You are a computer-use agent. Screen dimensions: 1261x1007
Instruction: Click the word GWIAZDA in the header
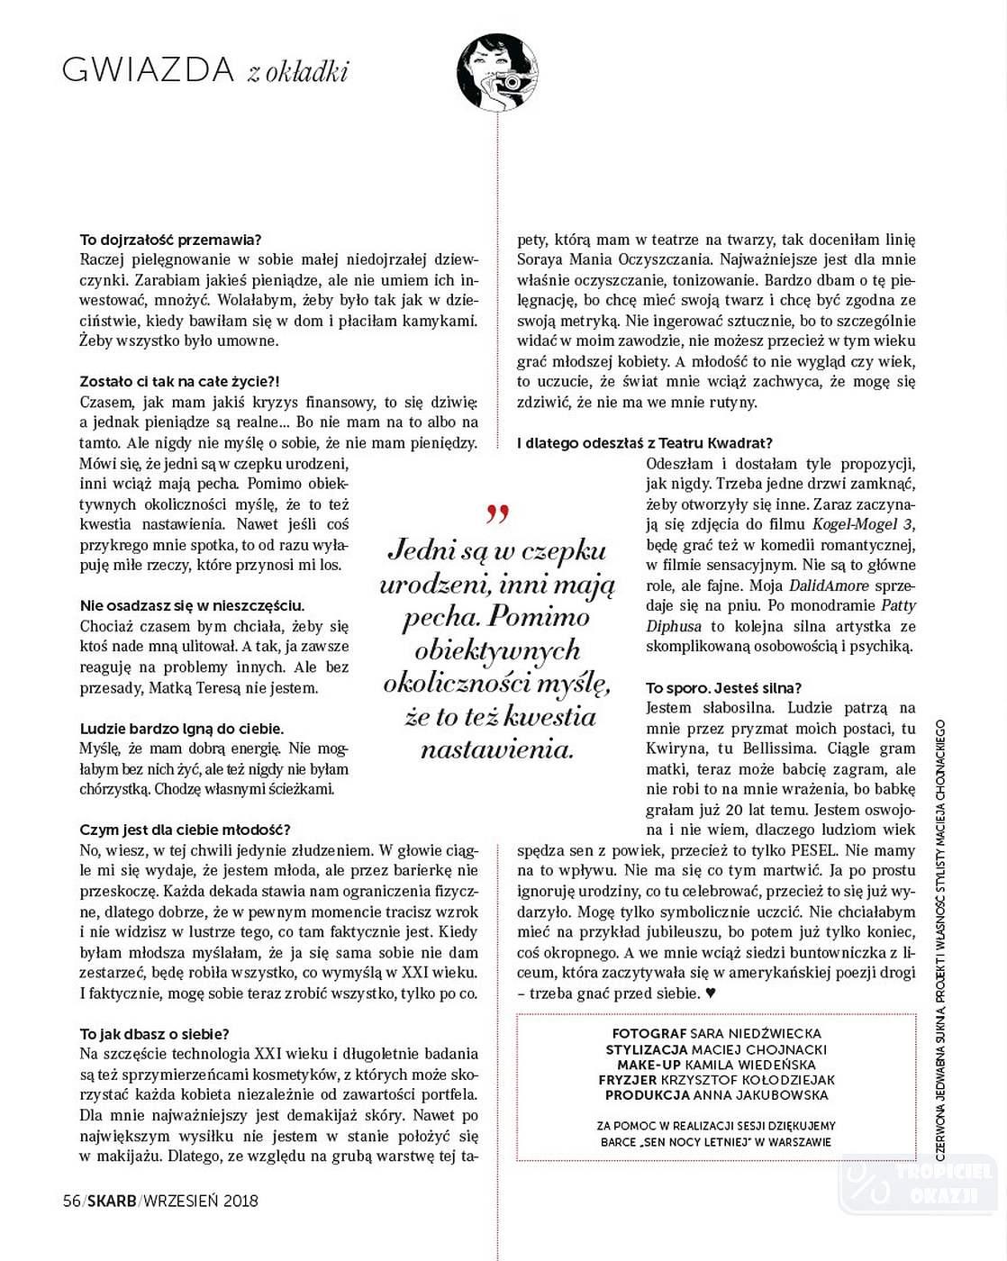[x=149, y=70]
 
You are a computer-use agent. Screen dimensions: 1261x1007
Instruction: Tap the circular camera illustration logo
[x=497, y=71]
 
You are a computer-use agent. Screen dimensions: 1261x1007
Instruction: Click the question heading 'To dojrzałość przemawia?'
[x=170, y=240]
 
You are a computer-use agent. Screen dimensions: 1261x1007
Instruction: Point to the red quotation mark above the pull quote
[x=496, y=515]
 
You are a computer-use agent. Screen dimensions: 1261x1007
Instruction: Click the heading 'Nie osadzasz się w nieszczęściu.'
[x=192, y=605]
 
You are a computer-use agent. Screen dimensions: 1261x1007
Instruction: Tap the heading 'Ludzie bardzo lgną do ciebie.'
[x=182, y=728]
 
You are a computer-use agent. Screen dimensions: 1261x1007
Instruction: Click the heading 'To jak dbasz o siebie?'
[x=154, y=1034]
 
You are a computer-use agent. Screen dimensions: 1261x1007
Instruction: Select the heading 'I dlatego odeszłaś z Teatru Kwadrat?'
[x=645, y=443]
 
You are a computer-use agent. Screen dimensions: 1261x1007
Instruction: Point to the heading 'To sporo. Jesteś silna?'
[x=723, y=687]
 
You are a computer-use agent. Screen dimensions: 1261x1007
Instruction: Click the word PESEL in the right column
[x=816, y=849]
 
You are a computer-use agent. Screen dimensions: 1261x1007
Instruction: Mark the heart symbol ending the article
[x=711, y=993]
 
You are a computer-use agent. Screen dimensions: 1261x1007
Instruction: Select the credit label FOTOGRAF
[x=649, y=1033]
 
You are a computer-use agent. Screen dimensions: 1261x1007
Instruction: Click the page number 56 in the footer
[x=71, y=1201]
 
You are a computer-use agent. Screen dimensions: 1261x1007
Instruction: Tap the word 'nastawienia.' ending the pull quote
[x=496, y=749]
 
